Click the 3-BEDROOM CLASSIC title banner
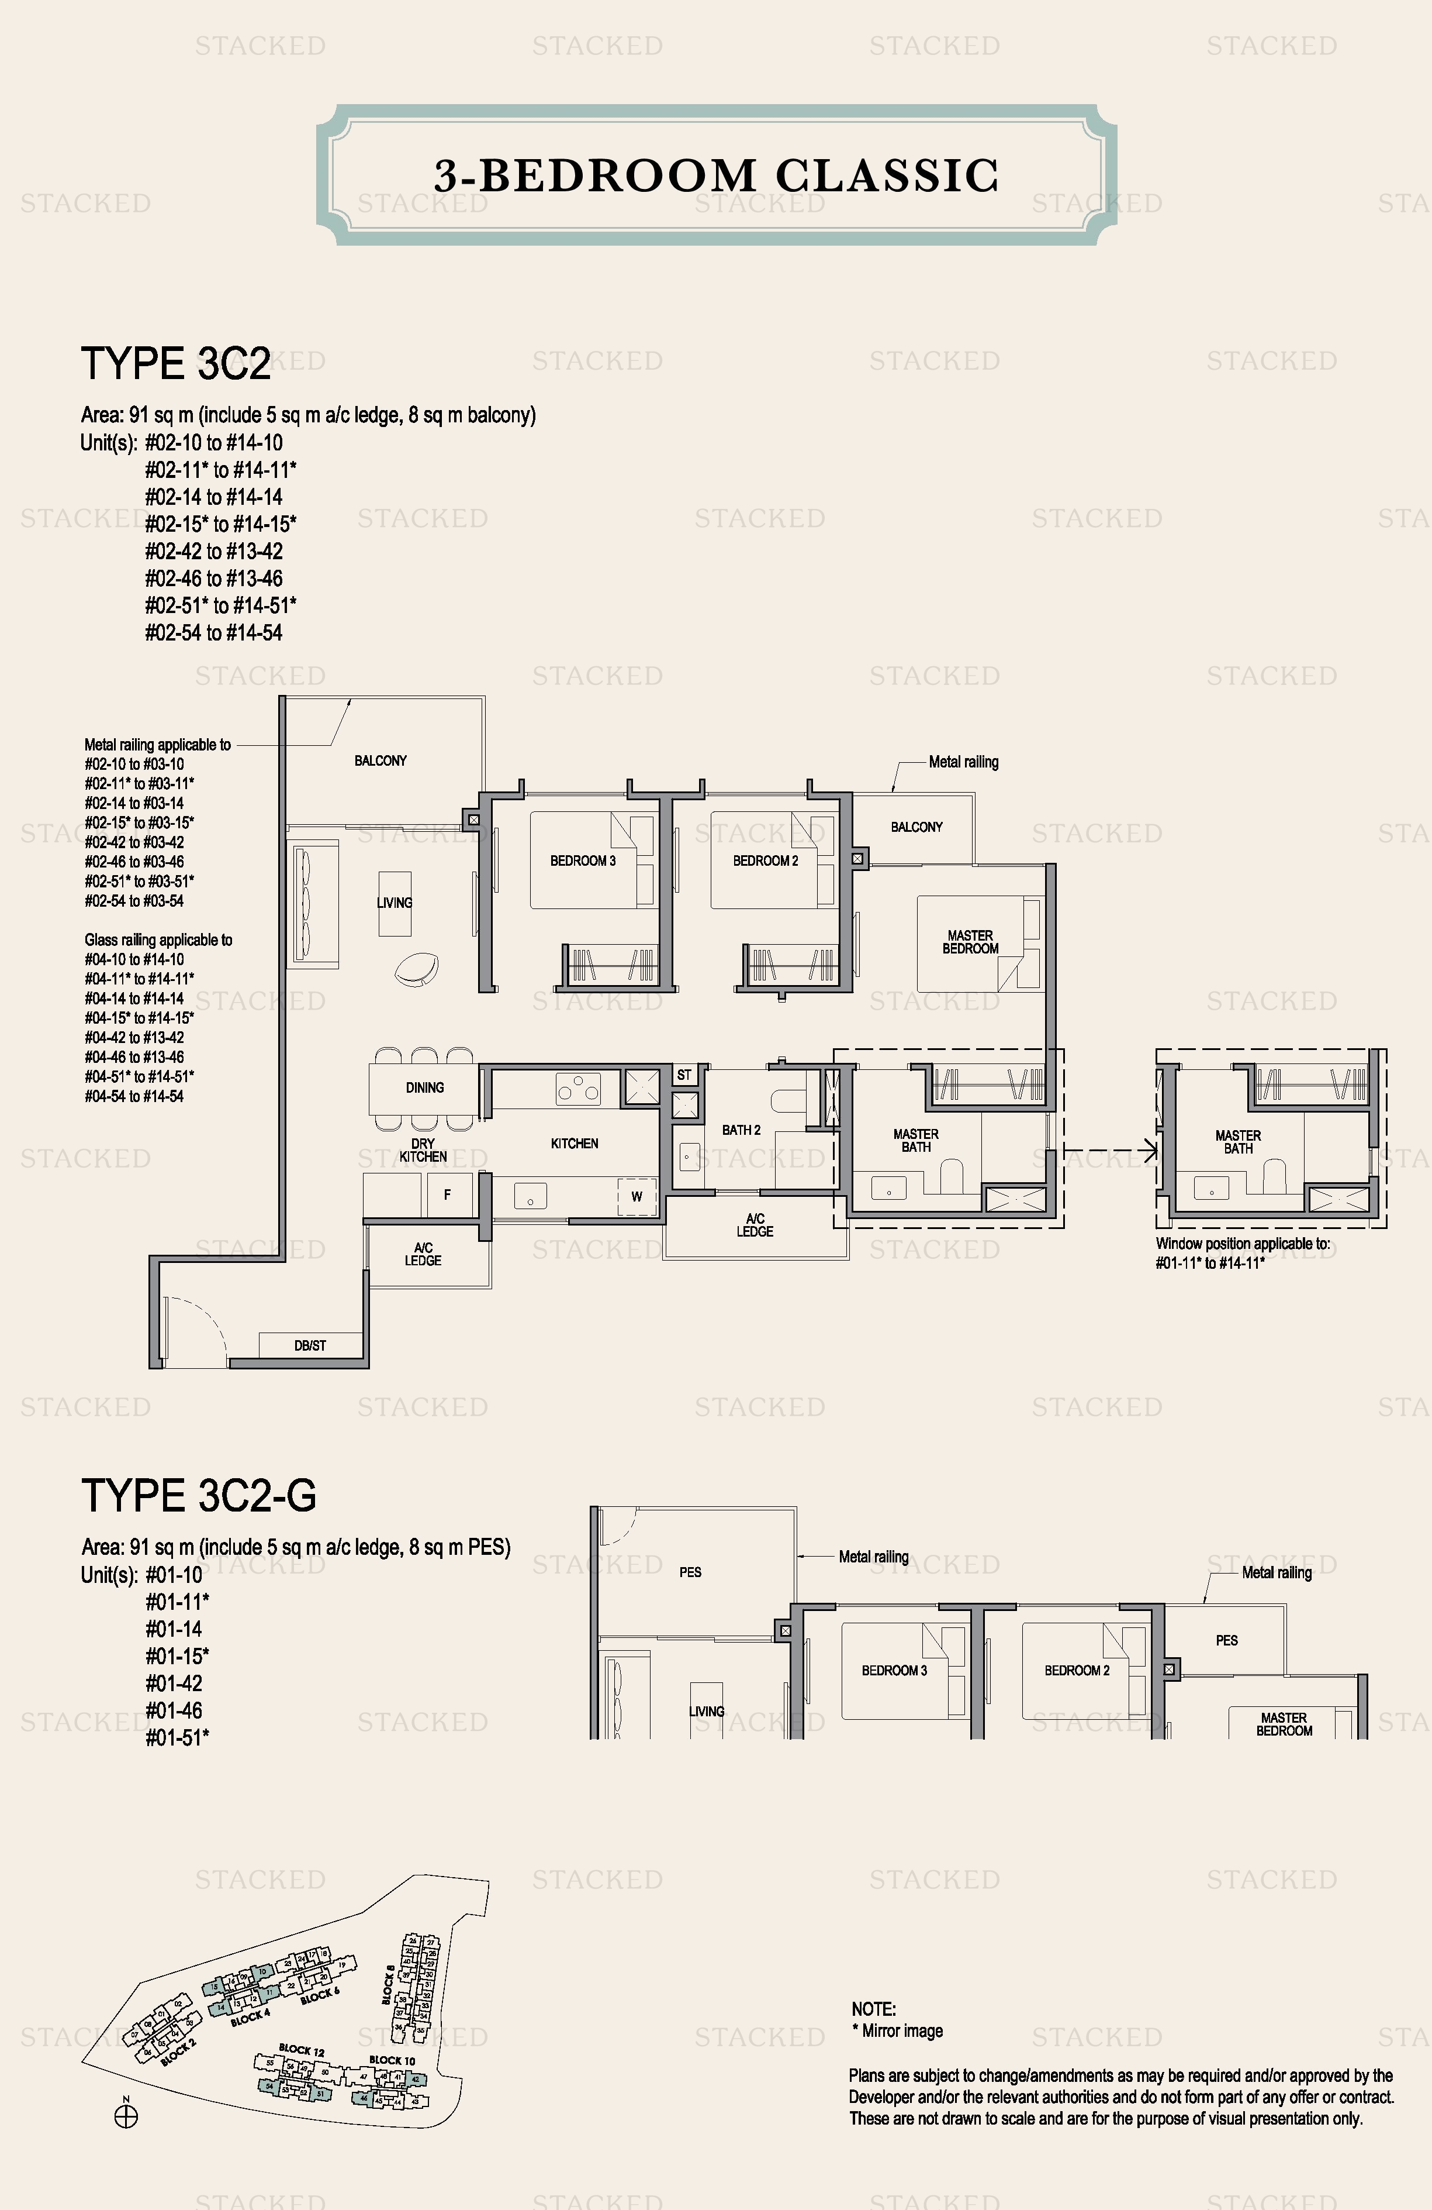coord(715,175)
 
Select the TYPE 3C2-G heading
coord(199,1496)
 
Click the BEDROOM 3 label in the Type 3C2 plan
coord(583,861)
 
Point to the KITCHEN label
coord(575,1143)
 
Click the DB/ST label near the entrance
coord(310,1345)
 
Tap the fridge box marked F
coord(447,1195)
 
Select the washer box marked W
coord(637,1196)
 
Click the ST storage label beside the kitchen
coord(684,1075)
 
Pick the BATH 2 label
coord(741,1130)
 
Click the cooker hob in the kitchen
coord(577,1087)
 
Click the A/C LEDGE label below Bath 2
coord(755,1225)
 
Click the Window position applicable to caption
coord(1241,1244)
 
